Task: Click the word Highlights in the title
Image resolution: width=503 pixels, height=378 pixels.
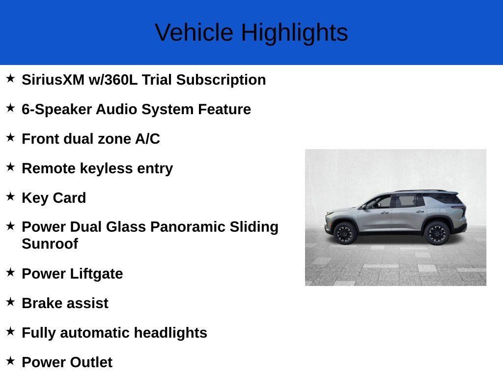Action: (x=294, y=33)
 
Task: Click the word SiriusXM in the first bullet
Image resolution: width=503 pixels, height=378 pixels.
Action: (x=53, y=80)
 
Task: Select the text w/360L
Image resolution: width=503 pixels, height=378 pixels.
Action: (x=113, y=80)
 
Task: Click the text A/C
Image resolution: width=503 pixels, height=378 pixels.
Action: (x=147, y=139)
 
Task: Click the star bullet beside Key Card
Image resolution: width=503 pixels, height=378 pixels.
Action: (x=10, y=196)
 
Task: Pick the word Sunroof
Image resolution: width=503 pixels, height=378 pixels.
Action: (x=50, y=244)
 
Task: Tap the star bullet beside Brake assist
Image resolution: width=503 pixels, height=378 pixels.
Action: (x=10, y=302)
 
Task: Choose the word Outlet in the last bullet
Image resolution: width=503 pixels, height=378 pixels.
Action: (x=91, y=362)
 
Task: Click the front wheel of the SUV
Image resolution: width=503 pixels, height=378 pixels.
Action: (x=344, y=233)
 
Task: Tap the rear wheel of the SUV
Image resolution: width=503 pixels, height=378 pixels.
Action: (x=436, y=233)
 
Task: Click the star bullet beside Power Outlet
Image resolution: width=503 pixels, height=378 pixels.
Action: (x=10, y=361)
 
